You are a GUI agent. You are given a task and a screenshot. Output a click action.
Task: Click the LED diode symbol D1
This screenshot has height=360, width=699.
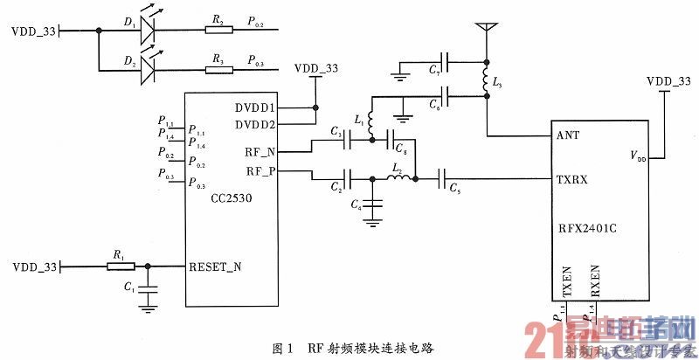146,31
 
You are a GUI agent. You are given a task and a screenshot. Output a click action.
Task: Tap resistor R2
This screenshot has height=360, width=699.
219,31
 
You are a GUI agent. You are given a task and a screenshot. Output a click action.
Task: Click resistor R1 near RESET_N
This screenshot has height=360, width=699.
116,266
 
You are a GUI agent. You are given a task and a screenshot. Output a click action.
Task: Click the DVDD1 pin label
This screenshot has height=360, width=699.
254,107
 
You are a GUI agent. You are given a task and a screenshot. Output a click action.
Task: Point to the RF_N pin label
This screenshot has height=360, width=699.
261,151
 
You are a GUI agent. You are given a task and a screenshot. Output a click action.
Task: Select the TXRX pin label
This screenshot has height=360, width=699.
573,179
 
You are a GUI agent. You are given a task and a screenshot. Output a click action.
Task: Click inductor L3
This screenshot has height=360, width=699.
485,80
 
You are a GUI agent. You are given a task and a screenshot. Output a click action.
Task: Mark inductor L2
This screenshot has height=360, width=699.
398,179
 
